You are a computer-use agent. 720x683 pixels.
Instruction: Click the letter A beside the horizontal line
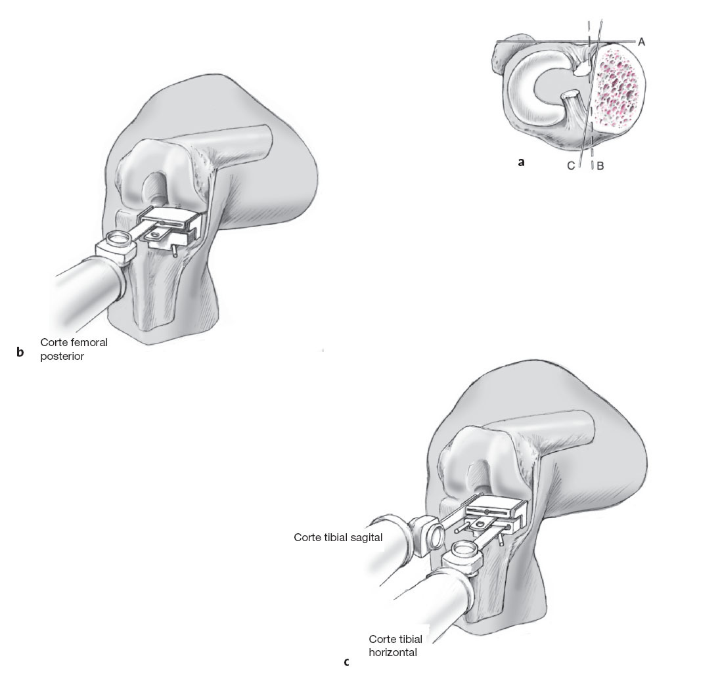point(641,41)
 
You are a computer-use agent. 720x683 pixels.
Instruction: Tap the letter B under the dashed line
point(600,166)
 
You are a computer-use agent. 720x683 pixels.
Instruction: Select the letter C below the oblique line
point(571,166)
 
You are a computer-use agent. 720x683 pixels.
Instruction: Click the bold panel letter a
point(521,162)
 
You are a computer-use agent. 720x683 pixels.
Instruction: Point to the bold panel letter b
point(20,353)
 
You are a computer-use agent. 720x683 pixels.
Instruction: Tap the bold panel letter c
point(346,662)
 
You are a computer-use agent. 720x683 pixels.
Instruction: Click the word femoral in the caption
point(88,342)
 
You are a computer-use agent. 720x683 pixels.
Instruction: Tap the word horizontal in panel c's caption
point(393,653)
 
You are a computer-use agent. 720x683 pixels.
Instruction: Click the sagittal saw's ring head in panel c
point(430,535)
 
